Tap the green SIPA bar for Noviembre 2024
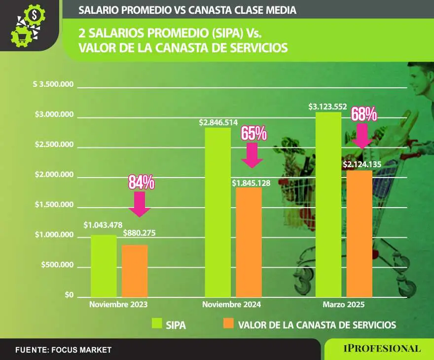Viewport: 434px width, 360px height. pyautogui.click(x=217, y=212)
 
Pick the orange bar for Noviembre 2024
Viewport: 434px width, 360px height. pyautogui.click(x=249, y=242)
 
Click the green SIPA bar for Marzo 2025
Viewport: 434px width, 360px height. pyautogui.click(x=328, y=205)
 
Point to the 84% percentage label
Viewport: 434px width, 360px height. pyautogui.click(x=142, y=182)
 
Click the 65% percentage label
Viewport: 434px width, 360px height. pyautogui.click(x=253, y=133)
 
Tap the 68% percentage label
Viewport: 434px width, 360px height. pyautogui.click(x=364, y=114)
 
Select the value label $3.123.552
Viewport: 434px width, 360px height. pyautogui.click(x=327, y=106)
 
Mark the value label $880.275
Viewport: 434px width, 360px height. pyautogui.click(x=138, y=233)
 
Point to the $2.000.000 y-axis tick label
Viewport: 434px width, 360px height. pyautogui.click(x=54, y=176)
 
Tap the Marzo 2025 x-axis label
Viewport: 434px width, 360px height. pyautogui.click(x=344, y=305)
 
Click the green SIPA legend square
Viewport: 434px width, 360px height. pyautogui.click(x=157, y=324)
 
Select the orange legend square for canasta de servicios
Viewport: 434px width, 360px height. pyautogui.click(x=228, y=324)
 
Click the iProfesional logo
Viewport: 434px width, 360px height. pyautogui.click(x=382, y=349)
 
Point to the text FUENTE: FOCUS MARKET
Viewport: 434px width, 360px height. pyautogui.click(x=63, y=350)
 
